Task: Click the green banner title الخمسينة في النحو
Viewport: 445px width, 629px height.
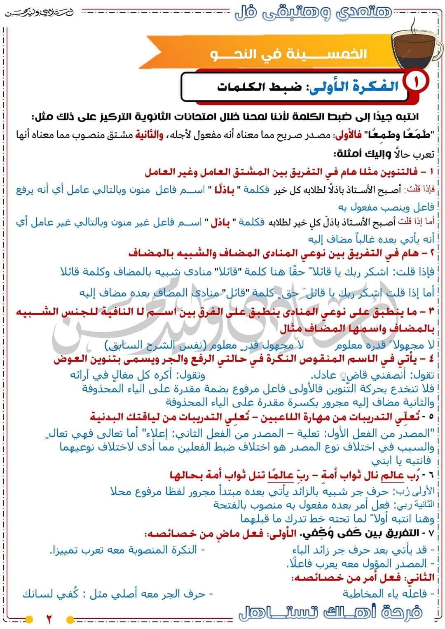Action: pos(288,54)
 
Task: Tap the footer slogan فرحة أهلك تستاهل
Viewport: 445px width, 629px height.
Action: pos(330,613)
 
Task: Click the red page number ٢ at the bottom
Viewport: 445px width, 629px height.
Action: pos(48,619)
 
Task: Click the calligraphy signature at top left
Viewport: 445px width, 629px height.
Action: pos(39,12)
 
